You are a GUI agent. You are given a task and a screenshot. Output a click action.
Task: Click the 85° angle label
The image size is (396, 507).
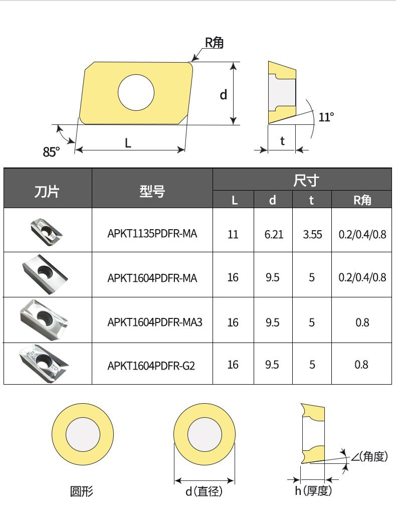51,150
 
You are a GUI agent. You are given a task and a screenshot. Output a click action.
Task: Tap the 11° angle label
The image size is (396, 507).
326,117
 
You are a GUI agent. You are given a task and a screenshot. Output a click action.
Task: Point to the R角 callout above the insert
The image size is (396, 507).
214,43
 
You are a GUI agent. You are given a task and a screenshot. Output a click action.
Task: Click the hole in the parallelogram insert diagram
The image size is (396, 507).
136,93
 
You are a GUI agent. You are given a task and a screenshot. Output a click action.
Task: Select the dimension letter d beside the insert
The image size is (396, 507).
224,94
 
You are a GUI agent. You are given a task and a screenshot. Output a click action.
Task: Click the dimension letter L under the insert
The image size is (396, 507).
128,143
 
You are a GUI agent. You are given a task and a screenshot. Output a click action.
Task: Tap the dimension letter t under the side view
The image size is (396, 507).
282,141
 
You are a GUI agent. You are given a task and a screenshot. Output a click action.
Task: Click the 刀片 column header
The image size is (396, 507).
47,191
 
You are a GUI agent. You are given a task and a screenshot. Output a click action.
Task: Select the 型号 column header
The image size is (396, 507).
152,191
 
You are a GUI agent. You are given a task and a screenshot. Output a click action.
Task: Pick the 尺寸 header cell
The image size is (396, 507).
302,180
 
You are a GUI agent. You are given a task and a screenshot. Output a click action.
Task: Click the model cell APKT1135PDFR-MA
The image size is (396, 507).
152,234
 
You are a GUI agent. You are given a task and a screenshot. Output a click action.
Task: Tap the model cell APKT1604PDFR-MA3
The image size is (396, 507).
155,322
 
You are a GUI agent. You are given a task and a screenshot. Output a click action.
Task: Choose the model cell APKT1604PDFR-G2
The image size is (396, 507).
151,365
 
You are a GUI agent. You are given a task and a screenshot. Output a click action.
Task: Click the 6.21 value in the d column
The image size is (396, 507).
274,234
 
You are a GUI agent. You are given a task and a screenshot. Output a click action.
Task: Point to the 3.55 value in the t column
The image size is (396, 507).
312,234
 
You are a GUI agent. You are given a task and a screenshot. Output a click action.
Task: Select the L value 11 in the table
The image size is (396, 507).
233,234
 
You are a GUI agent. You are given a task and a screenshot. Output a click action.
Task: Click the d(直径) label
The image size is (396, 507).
204,491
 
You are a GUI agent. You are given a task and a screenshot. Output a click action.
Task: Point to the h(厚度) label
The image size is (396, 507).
313,491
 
